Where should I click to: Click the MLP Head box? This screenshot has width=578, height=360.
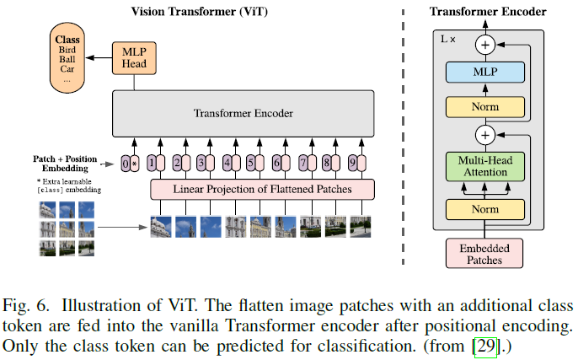135,56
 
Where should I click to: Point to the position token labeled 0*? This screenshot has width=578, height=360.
129,164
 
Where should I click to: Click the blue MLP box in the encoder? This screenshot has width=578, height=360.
485,73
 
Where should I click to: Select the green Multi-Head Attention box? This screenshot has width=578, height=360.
485,166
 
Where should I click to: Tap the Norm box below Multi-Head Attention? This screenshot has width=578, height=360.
485,208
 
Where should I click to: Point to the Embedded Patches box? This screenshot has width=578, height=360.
485,253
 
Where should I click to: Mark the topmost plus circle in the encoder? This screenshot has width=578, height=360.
485,44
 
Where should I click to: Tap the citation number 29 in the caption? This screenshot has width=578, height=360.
484,347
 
